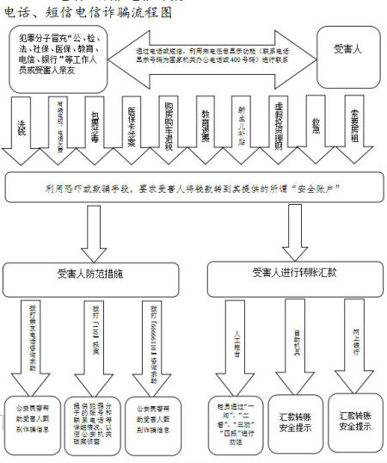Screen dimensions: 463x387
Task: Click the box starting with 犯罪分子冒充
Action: [x=59, y=59]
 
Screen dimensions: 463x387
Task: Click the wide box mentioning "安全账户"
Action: [x=193, y=188]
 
